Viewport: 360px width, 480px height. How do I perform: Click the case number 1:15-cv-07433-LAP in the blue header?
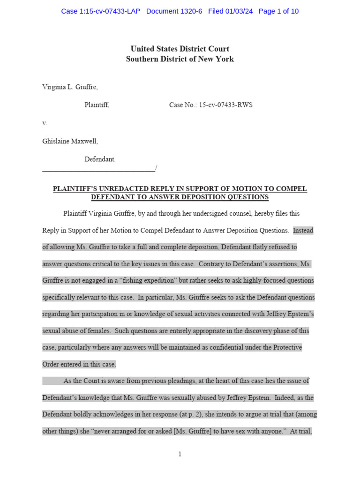100,11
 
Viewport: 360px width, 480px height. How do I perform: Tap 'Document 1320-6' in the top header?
174,11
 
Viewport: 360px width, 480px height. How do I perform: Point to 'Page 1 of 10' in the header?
278,11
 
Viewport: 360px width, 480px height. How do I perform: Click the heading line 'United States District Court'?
180,49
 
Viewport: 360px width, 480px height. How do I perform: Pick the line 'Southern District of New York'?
180,59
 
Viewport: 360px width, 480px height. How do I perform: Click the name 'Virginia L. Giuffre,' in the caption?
70,87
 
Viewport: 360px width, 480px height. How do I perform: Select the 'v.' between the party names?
45,123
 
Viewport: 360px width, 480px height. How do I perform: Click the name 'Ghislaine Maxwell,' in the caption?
70,141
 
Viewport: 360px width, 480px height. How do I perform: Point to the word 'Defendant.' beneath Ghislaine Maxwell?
100,159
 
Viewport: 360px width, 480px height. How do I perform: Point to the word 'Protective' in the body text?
285,347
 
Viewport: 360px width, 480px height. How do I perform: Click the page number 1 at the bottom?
180,454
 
